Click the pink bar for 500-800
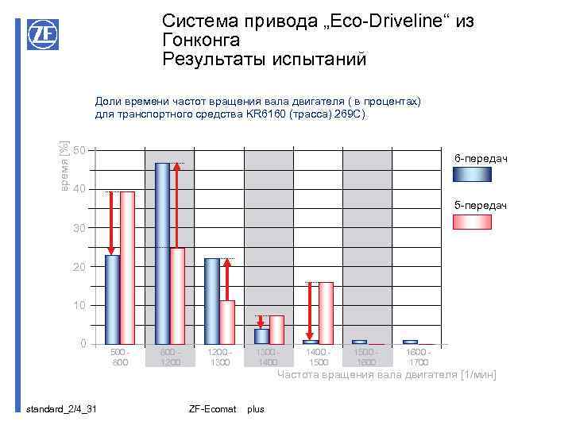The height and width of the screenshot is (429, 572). pos(127,267)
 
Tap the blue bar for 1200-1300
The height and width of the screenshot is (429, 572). pos(211,300)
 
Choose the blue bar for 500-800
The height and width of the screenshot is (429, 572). pos(112,299)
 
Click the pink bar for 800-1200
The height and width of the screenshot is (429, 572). pos(178,295)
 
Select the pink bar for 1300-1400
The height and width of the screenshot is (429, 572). pos(276,329)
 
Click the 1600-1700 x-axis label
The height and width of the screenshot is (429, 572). pos(418,357)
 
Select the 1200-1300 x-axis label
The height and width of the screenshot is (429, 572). pos(219,357)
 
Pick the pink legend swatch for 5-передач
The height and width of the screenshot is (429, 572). pos(472,222)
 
